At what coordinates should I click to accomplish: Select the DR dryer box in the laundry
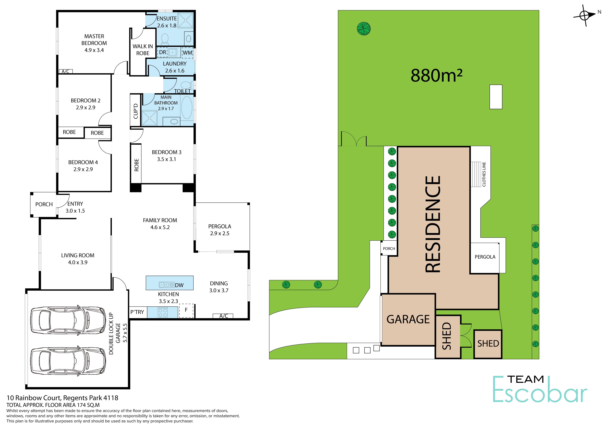click(x=162, y=52)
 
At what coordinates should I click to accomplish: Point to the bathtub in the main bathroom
click(x=187, y=108)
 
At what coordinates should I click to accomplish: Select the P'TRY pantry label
click(x=137, y=312)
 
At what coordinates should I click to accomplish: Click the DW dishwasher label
click(x=179, y=285)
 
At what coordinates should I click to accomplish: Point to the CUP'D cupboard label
click(x=136, y=111)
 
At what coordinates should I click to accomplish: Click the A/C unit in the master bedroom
click(x=65, y=71)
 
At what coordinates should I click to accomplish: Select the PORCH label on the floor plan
click(x=44, y=204)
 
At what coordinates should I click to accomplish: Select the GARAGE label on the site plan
click(x=408, y=319)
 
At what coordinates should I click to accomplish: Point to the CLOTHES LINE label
click(x=484, y=174)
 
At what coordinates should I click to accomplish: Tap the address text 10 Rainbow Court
click(x=34, y=398)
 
